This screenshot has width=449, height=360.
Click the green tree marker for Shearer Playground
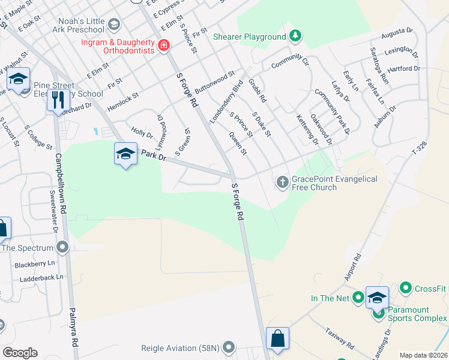(x=294, y=37)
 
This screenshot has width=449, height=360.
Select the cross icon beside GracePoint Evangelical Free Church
(x=282, y=181)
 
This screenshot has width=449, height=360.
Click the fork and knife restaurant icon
(x=58, y=99)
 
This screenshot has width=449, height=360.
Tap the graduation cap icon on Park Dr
(x=125, y=154)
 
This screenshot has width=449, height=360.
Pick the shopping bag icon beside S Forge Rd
(x=277, y=338)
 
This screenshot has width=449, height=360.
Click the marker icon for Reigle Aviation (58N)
(x=228, y=347)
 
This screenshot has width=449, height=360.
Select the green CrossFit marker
(x=406, y=289)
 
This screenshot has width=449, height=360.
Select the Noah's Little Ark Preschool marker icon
(x=115, y=24)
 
